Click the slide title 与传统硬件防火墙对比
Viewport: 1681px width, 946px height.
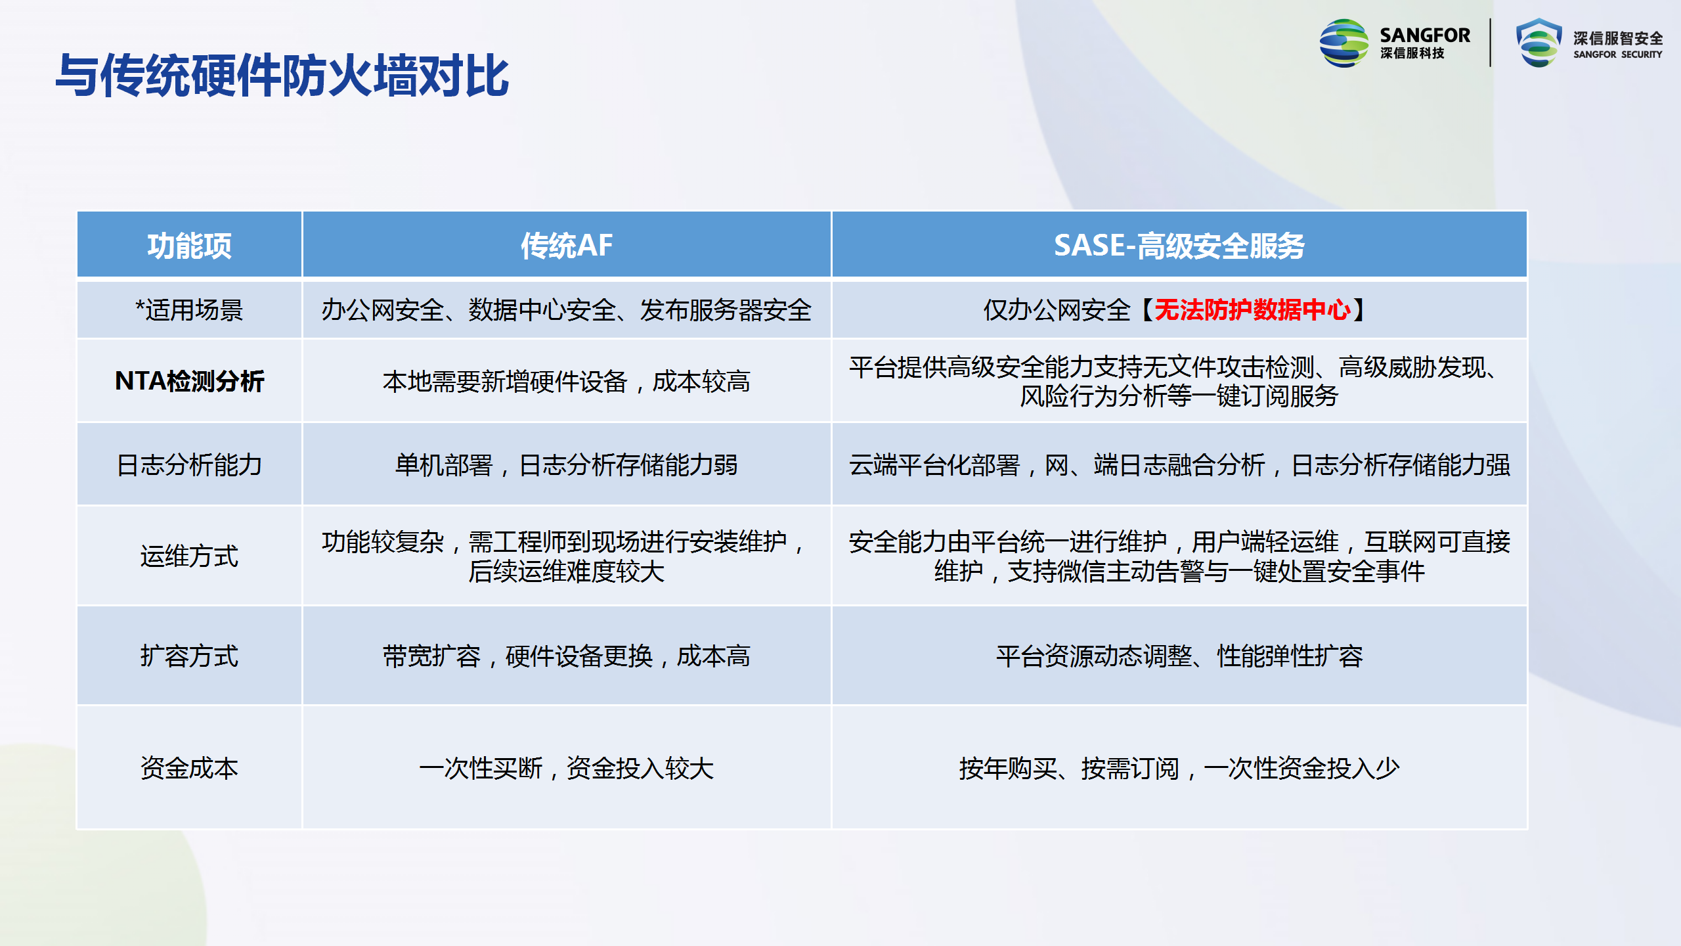[282, 76]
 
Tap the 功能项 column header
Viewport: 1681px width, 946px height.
[189, 246]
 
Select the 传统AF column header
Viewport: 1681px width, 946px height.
[567, 246]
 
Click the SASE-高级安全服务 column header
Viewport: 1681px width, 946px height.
[1179, 246]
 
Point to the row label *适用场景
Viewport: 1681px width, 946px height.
[189, 310]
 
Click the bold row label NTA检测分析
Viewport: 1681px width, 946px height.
[189, 381]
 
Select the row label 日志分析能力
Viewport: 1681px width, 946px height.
[189, 465]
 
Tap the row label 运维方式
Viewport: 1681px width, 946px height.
[189, 556]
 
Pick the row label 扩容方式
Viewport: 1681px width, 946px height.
[189, 656]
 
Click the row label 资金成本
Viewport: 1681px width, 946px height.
[189, 769]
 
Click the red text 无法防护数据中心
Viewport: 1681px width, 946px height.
[1253, 310]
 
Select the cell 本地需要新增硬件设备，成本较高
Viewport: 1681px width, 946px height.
[567, 381]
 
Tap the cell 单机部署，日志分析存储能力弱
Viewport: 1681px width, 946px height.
[567, 465]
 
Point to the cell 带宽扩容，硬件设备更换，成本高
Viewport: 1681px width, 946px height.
[567, 656]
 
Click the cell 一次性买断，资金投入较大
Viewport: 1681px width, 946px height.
[567, 769]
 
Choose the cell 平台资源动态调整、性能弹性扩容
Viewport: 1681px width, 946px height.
[1179, 656]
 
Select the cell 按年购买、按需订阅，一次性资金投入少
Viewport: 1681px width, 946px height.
[1179, 769]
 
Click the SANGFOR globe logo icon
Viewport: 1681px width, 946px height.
[1344, 43]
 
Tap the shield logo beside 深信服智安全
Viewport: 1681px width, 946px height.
[1539, 43]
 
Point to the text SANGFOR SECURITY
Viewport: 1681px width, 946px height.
[1617, 55]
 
